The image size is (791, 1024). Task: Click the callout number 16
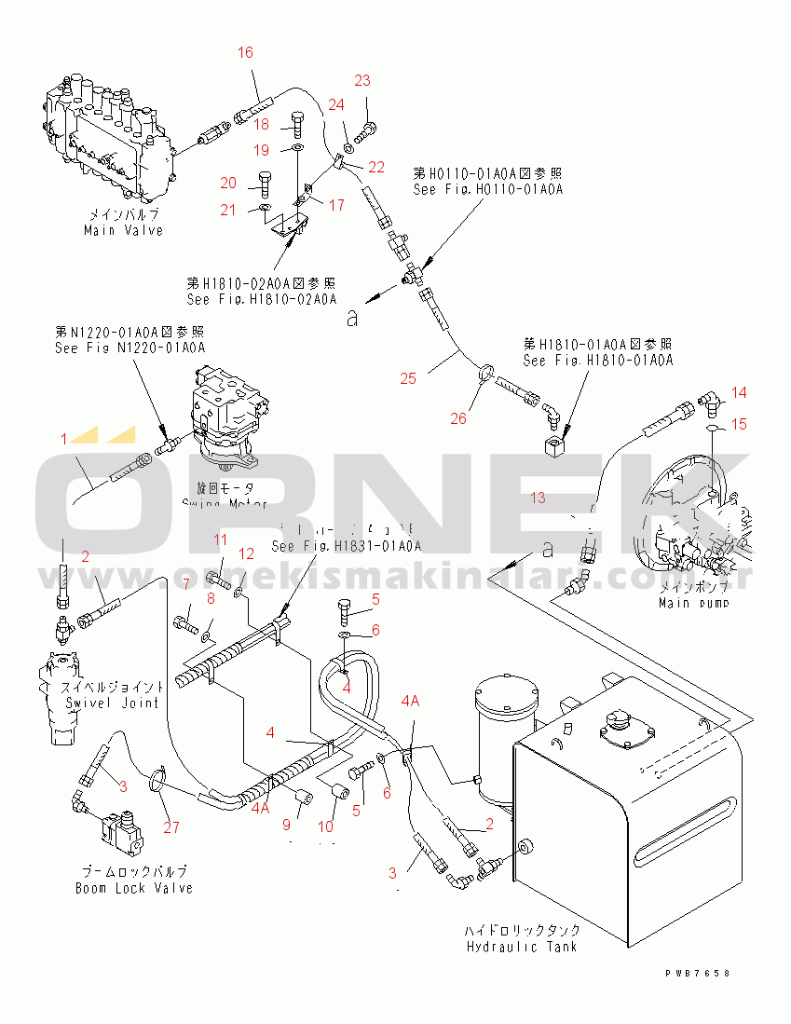tap(244, 53)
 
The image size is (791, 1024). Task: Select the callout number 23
tap(362, 80)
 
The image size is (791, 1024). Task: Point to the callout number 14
tap(738, 391)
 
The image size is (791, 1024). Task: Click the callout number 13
tap(538, 498)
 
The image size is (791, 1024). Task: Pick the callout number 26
tap(458, 418)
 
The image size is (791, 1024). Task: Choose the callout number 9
tap(286, 825)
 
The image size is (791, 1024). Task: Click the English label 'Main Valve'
tap(123, 230)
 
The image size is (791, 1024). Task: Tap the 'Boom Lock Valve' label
tap(134, 888)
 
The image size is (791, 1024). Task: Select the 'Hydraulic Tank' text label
tap(522, 947)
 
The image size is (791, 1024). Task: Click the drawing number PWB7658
tap(697, 973)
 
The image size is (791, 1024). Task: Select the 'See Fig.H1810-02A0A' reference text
tap(261, 299)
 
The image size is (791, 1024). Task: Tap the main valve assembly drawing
tap(107, 144)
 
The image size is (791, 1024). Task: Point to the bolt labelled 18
tap(296, 121)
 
